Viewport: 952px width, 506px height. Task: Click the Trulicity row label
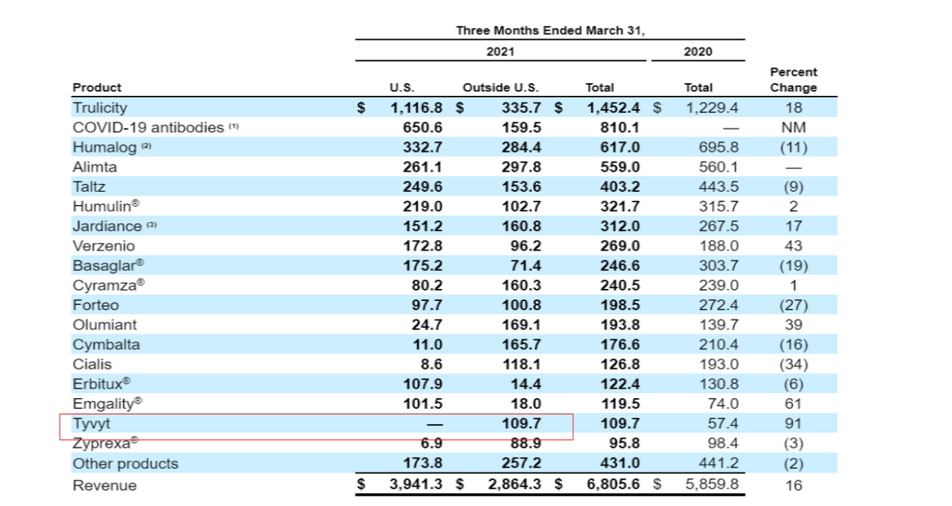tap(100, 108)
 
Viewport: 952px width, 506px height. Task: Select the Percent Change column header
tap(793, 80)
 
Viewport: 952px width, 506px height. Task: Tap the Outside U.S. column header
tap(501, 87)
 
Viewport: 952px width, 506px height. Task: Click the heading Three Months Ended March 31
tap(550, 30)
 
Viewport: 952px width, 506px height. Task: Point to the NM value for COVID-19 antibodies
tap(793, 127)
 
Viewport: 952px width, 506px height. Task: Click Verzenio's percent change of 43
tap(793, 245)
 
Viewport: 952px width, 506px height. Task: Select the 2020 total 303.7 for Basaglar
tap(718, 265)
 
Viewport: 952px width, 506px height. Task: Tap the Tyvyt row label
tap(91, 424)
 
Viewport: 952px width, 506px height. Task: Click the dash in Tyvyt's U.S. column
tap(434, 424)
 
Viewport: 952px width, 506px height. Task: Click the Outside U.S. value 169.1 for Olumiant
tap(521, 325)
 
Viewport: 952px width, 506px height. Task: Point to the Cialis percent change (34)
tap(793, 364)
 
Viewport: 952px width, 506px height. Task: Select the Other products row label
tap(125, 464)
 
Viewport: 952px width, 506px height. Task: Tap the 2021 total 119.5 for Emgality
tap(620, 403)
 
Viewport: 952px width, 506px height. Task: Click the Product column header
tap(97, 87)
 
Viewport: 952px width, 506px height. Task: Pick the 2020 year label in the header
tap(697, 51)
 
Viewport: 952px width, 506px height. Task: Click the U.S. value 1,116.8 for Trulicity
tap(416, 108)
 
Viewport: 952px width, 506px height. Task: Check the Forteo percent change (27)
tap(793, 305)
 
